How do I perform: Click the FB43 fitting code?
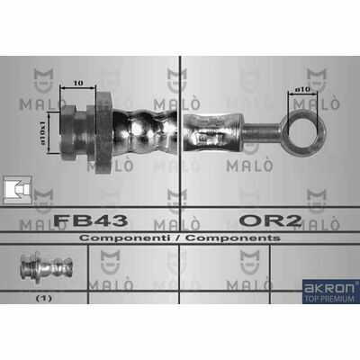click(91, 220)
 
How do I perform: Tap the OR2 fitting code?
click(270, 220)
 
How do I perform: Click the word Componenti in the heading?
click(124, 238)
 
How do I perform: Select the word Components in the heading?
click(233, 238)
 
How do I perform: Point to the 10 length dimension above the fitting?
click(77, 83)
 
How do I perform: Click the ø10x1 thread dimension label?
click(43, 132)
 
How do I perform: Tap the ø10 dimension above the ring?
click(301, 89)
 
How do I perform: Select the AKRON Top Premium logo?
click(331, 292)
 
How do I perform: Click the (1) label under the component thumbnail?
click(44, 299)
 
